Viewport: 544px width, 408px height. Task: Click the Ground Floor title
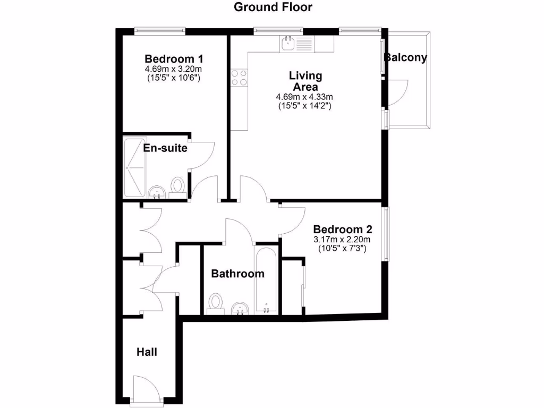273,7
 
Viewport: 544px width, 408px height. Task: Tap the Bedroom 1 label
174,58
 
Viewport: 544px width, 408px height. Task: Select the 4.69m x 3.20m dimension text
174,69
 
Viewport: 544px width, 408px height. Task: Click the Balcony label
406,58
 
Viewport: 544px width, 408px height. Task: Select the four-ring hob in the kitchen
239,78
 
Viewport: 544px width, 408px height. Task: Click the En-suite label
165,148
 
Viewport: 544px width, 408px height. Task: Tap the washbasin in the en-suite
156,193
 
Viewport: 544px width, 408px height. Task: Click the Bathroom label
237,274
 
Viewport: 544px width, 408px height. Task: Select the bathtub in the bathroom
266,279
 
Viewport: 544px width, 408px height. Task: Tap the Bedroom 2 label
342,229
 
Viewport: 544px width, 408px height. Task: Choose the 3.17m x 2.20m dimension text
342,240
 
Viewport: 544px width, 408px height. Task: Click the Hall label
147,352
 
